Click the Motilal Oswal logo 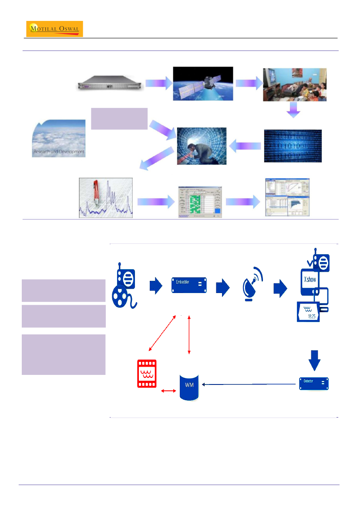pos(55,29)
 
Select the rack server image pos(108,84)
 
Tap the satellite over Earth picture pos(203,84)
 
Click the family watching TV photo pos(295,84)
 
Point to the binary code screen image pos(293,146)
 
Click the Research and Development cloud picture pos(59,138)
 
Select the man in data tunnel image pos(202,146)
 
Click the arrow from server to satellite pos(158,84)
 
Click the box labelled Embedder pos(189,286)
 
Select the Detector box pos(314,383)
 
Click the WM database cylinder pos(189,386)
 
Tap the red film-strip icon pos(147,374)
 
